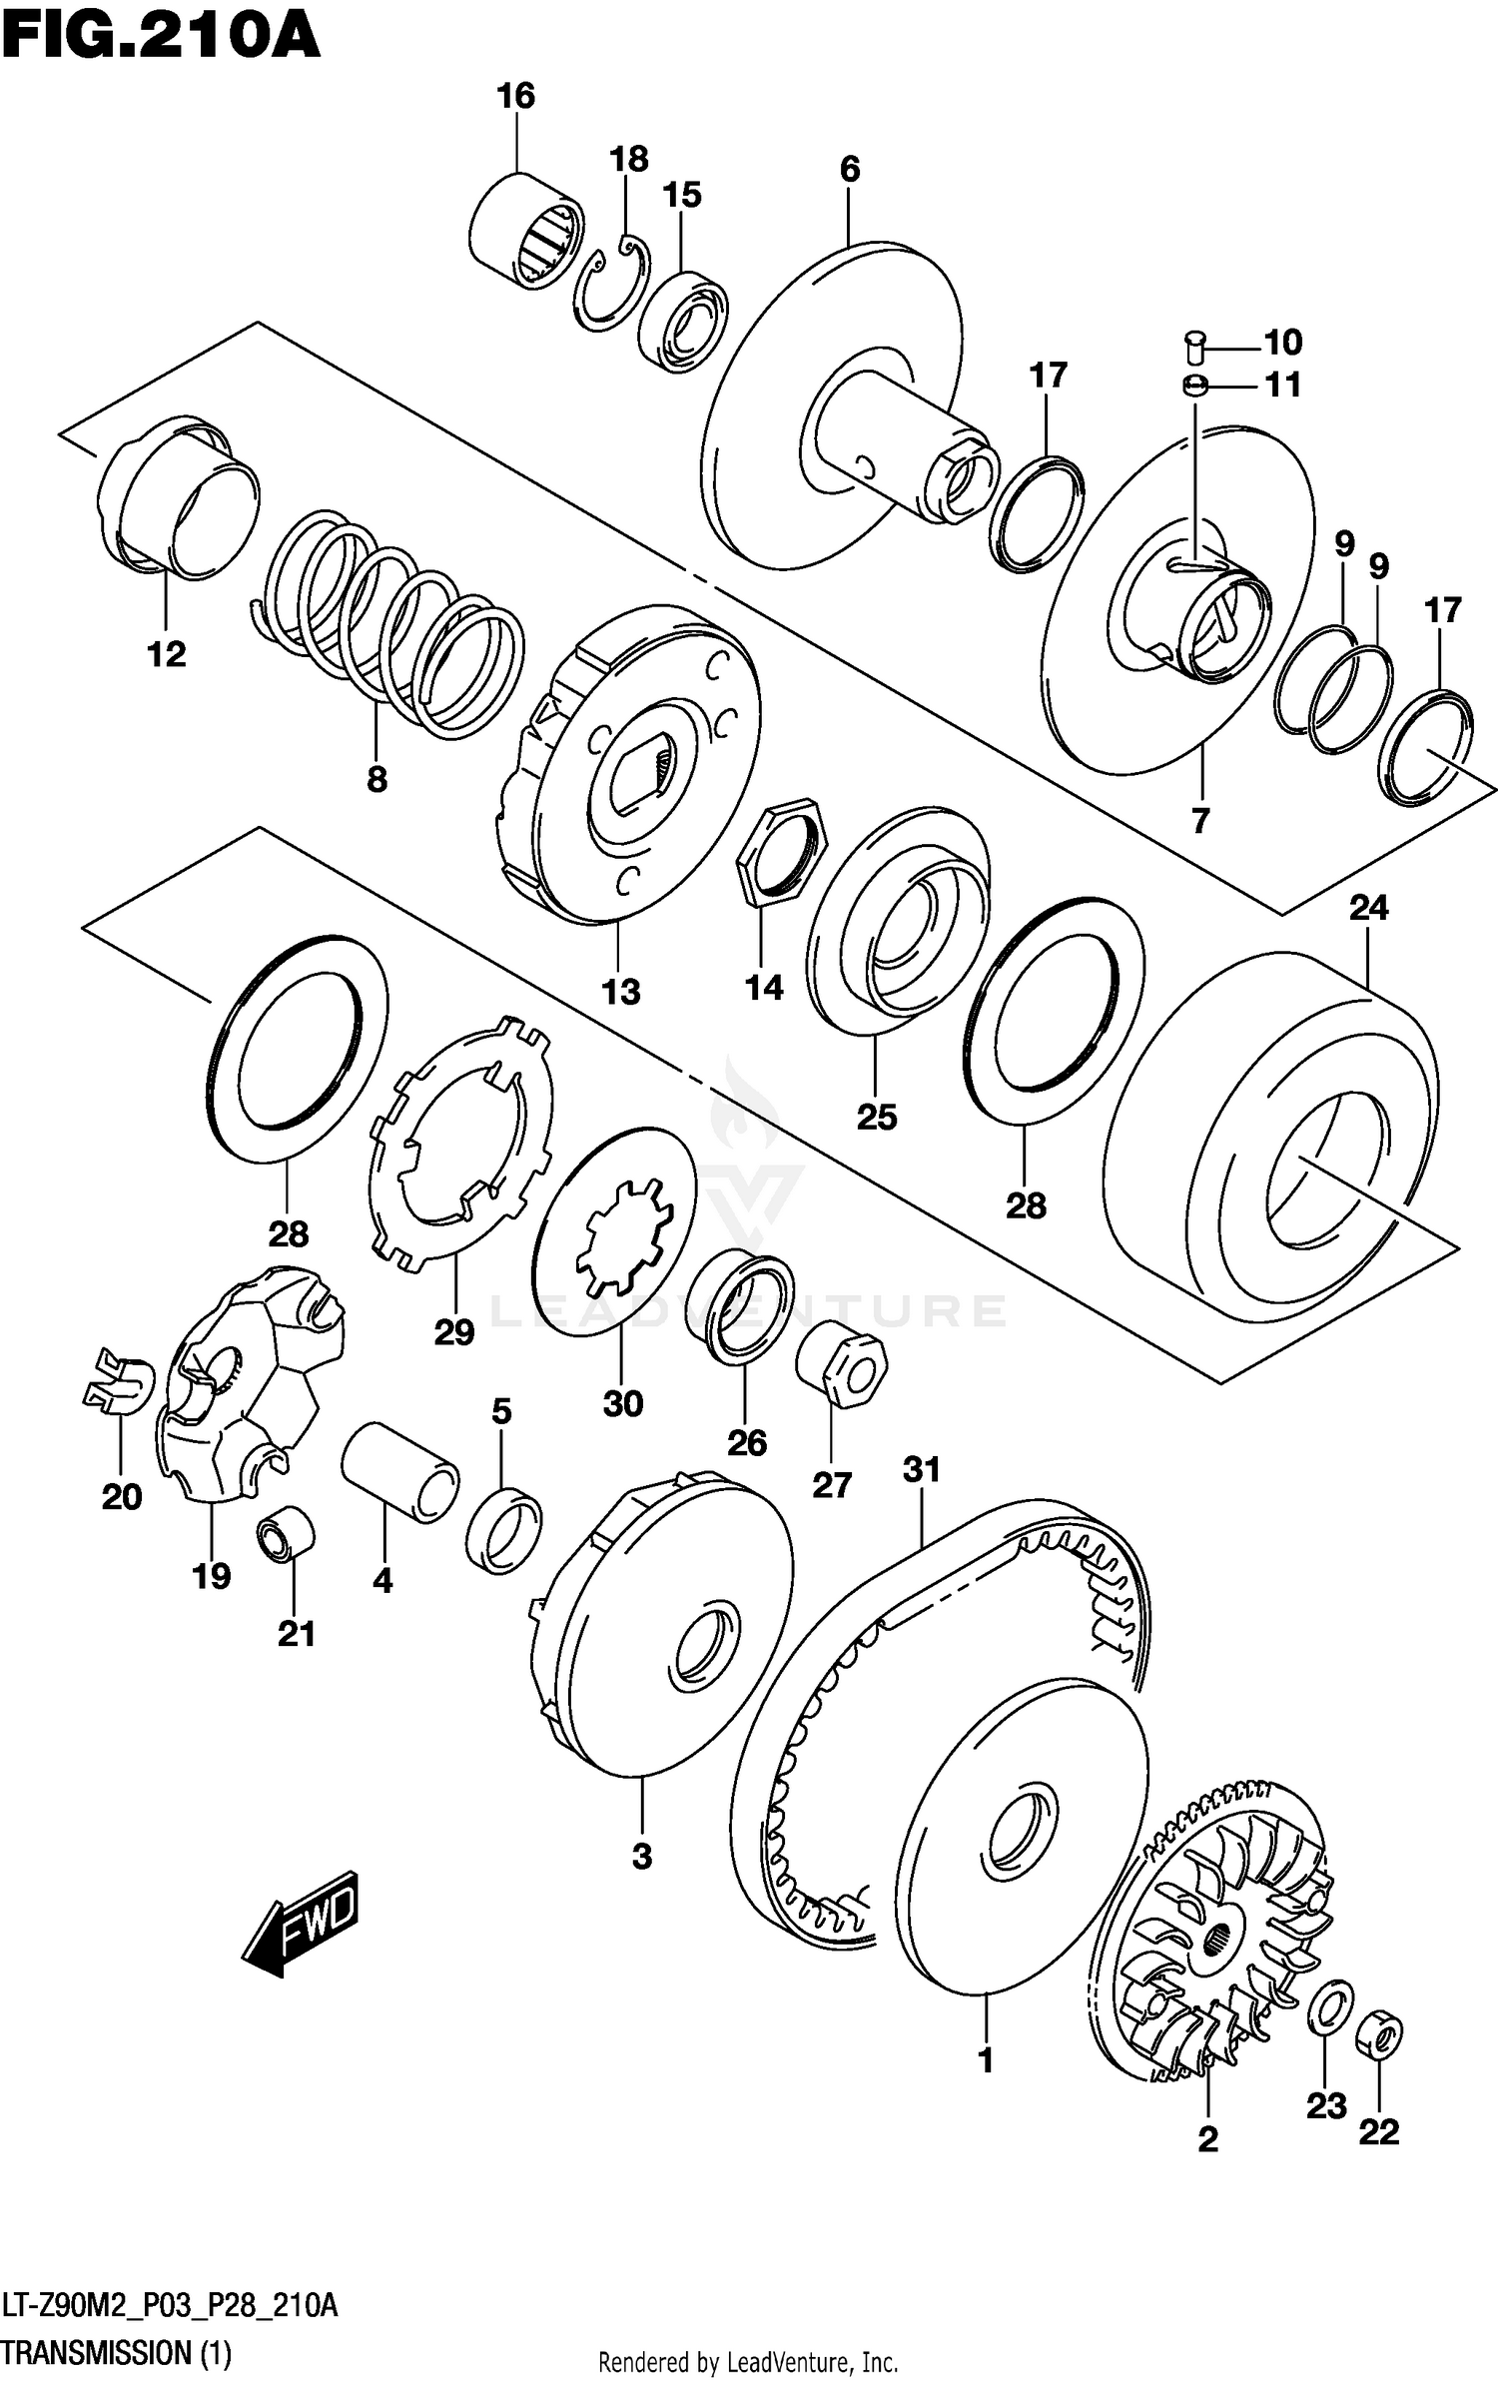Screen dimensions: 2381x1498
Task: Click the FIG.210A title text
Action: [160, 38]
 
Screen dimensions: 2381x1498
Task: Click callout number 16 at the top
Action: [515, 96]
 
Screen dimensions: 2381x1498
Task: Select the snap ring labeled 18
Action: [611, 285]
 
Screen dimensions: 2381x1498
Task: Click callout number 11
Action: [1282, 385]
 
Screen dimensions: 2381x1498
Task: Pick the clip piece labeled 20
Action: [117, 1379]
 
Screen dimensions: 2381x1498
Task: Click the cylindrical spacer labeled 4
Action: [399, 1472]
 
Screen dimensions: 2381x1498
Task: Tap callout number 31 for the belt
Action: [921, 1469]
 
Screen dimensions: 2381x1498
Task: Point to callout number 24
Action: [1368, 908]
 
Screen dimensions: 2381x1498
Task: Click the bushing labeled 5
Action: [503, 1530]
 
